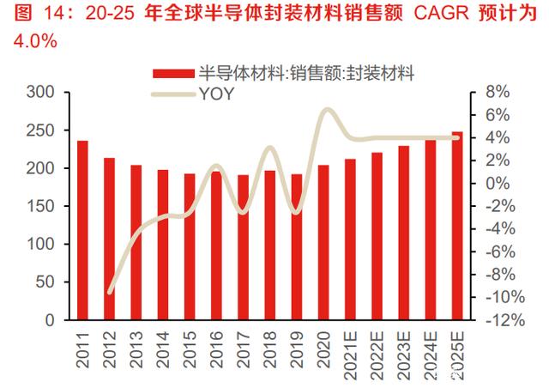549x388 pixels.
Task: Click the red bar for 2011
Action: pos(82,230)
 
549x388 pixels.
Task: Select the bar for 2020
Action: pos(323,242)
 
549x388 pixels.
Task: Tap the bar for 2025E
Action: pos(456,226)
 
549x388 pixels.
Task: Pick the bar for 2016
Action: pos(216,246)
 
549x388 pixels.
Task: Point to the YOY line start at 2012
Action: pos(110,292)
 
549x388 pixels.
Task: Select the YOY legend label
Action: pos(215,95)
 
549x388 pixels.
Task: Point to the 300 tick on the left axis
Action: pos(40,93)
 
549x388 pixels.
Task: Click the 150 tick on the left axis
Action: pos(40,207)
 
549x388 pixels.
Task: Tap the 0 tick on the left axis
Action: pos(50,320)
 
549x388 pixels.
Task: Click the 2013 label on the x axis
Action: pos(136,352)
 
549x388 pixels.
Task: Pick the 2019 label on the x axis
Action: pos(297,352)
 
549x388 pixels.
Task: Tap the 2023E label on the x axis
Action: pos(403,357)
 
